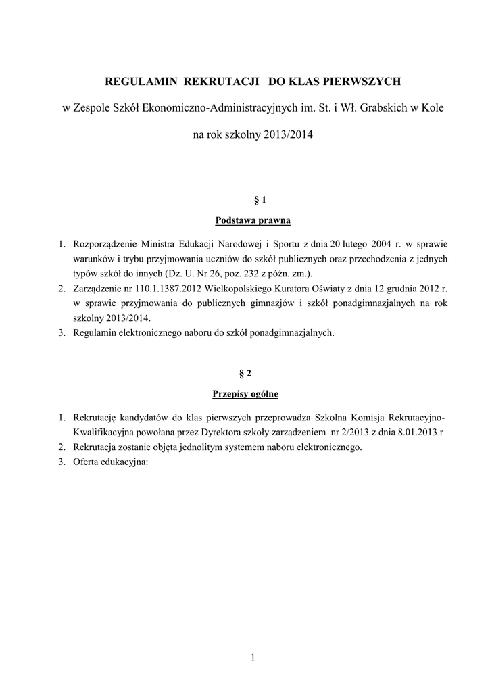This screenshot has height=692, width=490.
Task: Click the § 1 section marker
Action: tap(253, 200)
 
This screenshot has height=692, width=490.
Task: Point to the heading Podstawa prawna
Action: tap(253, 220)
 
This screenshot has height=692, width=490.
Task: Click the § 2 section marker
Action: tap(253, 373)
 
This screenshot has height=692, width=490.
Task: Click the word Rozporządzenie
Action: tap(105, 243)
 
